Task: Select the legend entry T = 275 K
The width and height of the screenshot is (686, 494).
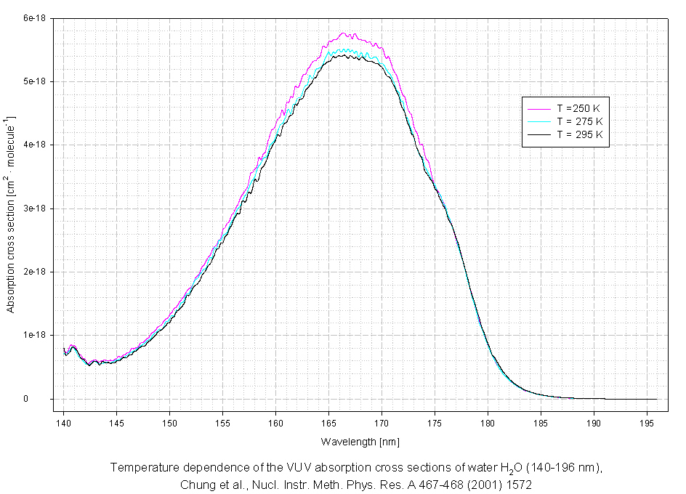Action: point(579,121)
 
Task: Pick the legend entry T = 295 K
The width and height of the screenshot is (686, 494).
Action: point(579,134)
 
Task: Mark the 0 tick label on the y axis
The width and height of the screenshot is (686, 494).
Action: point(45,399)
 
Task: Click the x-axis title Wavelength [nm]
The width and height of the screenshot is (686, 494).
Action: point(360,442)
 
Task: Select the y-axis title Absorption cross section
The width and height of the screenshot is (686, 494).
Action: point(11,214)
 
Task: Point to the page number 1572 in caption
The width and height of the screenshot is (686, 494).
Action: point(521,483)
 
